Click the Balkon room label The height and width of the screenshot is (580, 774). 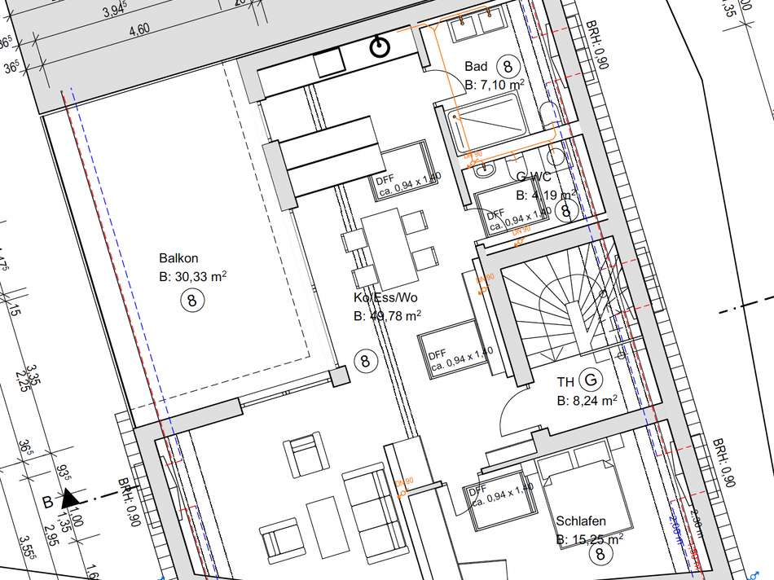click(x=176, y=258)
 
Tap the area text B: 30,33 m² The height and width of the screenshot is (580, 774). click(x=193, y=277)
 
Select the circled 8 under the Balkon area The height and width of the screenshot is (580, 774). click(x=192, y=301)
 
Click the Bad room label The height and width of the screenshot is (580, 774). click(x=476, y=66)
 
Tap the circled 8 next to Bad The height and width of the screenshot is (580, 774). click(x=508, y=65)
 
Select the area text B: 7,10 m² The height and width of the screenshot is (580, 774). click(x=494, y=84)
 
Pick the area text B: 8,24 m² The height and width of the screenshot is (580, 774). click(x=587, y=401)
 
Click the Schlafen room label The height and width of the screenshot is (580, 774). click(x=581, y=521)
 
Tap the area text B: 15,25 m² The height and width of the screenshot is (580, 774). click(x=590, y=538)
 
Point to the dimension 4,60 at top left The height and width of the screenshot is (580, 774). click(x=139, y=29)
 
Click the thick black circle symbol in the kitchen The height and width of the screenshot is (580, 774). click(x=380, y=47)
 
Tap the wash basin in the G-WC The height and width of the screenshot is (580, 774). click(x=486, y=171)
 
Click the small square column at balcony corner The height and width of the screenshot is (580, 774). click(x=340, y=376)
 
